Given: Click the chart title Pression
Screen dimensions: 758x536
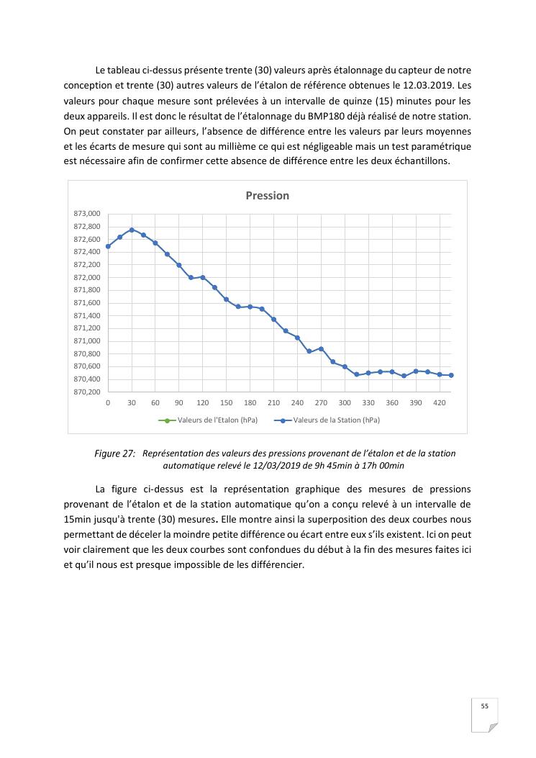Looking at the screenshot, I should pyautogui.click(x=267, y=195).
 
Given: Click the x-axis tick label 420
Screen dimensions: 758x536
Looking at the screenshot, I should pyautogui.click(x=439, y=403).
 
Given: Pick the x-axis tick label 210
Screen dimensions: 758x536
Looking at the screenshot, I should pyautogui.click(x=273, y=403).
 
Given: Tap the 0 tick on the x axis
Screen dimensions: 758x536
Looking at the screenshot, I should pyautogui.click(x=108, y=403).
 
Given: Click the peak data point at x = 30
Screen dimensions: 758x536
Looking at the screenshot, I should pyautogui.click(x=132, y=230).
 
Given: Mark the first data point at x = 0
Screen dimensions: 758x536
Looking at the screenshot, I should pyautogui.click(x=108, y=246).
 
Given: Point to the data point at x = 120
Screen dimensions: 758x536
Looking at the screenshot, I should pyautogui.click(x=203, y=277).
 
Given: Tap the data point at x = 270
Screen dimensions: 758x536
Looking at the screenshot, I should pyautogui.click(x=321, y=348).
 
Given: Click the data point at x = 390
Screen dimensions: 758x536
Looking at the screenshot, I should pyautogui.click(x=416, y=371).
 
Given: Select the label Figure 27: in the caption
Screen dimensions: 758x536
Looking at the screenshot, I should pyautogui.click(x=114, y=454).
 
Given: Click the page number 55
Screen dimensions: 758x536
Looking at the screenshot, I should pyautogui.click(x=485, y=706).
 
